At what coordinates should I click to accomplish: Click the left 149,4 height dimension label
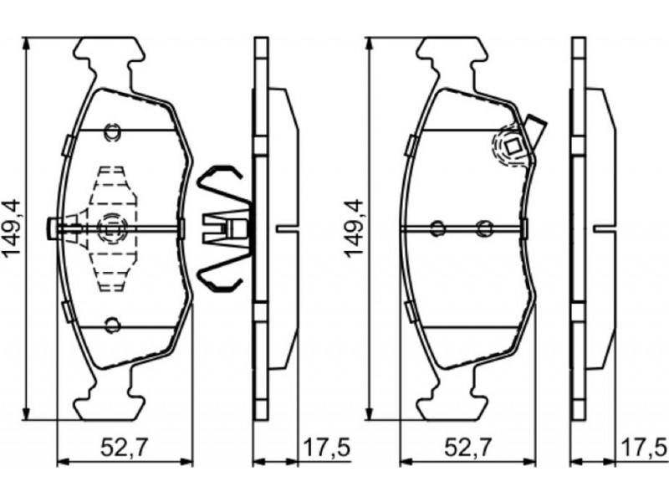(x=12, y=228)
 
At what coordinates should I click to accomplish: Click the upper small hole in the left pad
(x=113, y=132)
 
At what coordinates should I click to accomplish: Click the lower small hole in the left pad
(x=113, y=325)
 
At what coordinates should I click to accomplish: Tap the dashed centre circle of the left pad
(x=112, y=229)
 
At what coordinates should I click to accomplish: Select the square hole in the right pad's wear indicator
(x=513, y=147)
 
